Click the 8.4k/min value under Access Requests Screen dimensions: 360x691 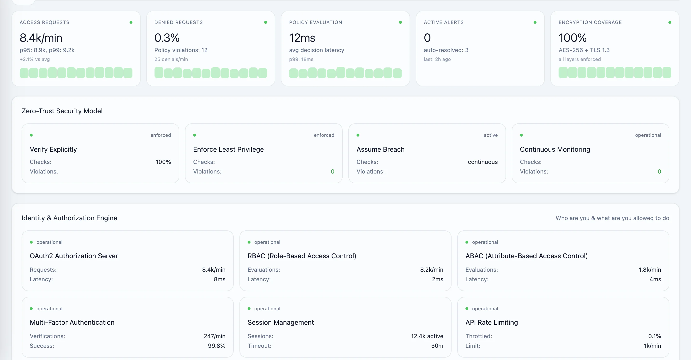(41, 38)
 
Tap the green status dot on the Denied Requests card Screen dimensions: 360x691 (266, 22)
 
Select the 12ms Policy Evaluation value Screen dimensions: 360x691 (302, 38)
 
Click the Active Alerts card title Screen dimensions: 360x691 (444, 22)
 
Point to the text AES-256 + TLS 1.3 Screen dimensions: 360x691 (584, 50)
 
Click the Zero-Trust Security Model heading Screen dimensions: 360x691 (62, 111)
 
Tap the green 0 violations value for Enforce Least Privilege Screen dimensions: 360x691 (332, 171)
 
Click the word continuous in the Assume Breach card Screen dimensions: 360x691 (483, 162)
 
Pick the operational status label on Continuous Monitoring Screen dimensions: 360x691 (648, 135)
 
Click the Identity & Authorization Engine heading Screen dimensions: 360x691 (69, 218)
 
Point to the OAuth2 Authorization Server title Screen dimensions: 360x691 (74, 256)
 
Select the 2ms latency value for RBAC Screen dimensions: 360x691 (437, 279)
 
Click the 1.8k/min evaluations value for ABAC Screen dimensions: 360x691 (650, 270)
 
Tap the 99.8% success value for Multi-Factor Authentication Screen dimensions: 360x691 (216, 346)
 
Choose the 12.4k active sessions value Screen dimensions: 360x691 (427, 336)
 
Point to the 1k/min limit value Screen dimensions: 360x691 (652, 346)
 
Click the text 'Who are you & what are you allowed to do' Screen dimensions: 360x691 (612, 218)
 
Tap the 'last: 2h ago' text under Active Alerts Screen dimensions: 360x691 (437, 59)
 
